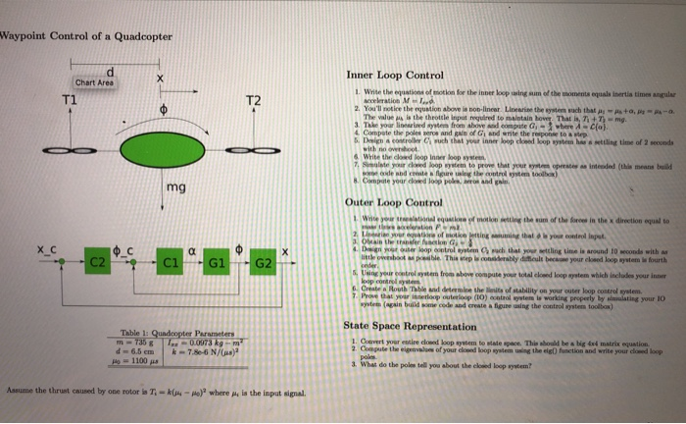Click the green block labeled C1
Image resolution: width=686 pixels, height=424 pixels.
coord(169,262)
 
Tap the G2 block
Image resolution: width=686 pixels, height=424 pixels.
coord(263,262)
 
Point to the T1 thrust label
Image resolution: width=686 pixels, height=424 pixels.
coord(69,100)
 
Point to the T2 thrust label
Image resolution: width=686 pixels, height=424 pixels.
coord(253,101)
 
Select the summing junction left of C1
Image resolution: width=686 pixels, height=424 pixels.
coord(136,263)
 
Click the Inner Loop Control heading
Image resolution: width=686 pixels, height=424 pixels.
coord(394,75)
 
